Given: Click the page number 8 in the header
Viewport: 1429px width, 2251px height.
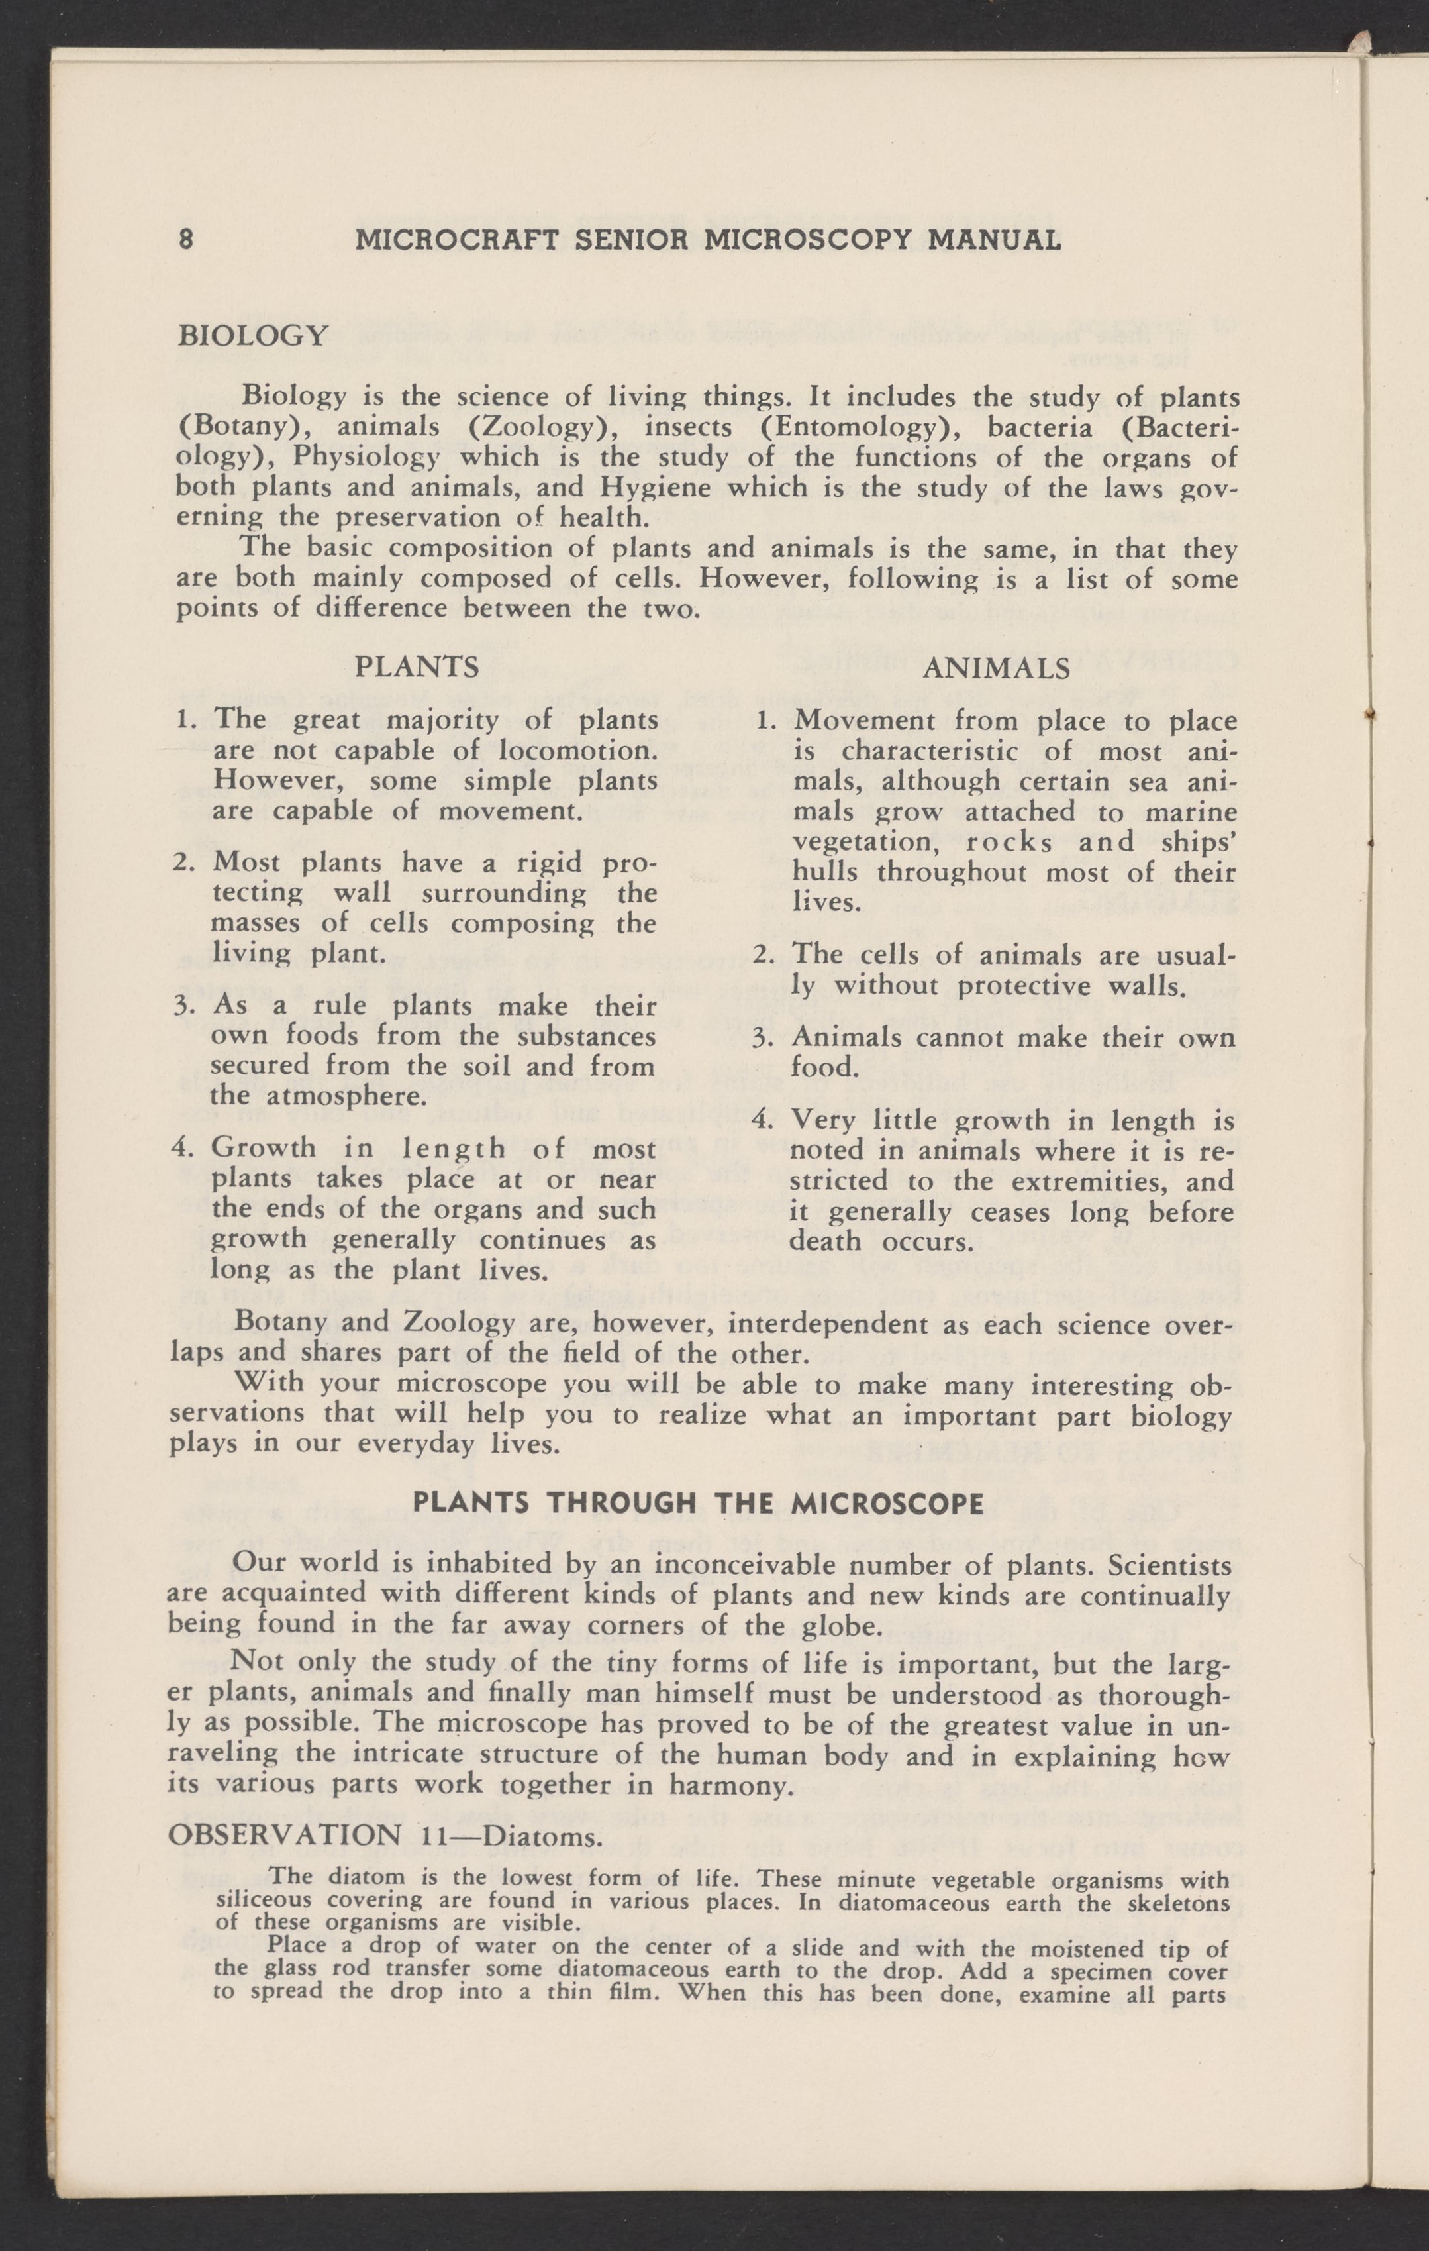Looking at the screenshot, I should click(186, 240).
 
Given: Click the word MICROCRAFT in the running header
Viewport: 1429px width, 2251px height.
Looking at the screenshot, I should click(457, 240).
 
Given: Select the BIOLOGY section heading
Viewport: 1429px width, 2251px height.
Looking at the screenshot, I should click(252, 335).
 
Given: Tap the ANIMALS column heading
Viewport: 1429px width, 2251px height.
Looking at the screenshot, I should click(997, 668).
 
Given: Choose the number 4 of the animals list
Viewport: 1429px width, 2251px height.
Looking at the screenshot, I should click(764, 1120).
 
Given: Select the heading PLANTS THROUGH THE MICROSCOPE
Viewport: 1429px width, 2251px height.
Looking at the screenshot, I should click(697, 1504).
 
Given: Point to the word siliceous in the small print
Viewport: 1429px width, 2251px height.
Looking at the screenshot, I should click(264, 1901).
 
